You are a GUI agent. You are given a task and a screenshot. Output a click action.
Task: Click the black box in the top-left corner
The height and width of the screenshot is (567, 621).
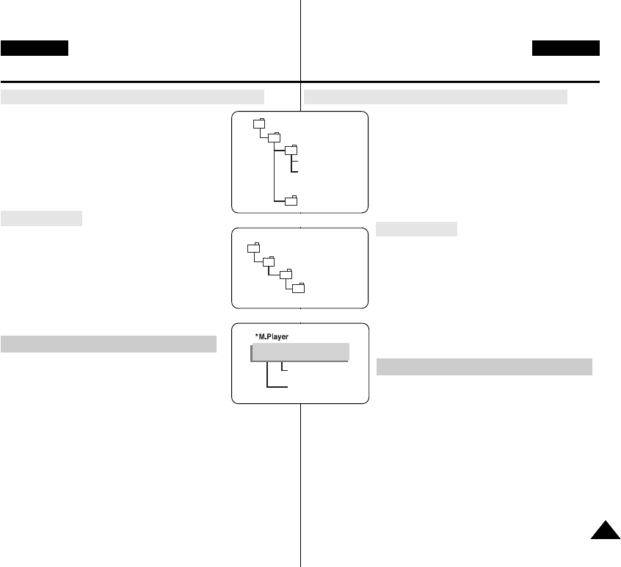tap(34, 48)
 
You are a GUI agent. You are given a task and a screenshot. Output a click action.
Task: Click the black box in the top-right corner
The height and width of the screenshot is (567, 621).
tap(566, 48)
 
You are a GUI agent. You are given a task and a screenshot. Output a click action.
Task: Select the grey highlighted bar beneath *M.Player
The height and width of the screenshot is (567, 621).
tap(299, 352)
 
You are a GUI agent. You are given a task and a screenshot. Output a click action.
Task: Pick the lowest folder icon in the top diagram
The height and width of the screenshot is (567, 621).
tap(291, 200)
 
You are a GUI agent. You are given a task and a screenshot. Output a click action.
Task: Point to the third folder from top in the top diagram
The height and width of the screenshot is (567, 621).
tap(291, 151)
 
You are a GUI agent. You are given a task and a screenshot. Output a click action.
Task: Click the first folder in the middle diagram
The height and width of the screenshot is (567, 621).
tap(253, 247)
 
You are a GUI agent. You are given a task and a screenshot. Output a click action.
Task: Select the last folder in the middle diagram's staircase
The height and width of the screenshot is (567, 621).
tap(299, 287)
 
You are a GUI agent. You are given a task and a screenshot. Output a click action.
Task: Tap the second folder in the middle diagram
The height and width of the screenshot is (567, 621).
tap(269, 261)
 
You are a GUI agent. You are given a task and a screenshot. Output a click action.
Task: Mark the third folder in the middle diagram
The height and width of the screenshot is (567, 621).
tap(286, 274)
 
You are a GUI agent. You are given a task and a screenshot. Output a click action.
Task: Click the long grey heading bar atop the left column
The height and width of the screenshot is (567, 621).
tap(132, 97)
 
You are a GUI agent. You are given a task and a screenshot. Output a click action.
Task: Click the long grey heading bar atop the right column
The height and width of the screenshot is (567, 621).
tap(435, 97)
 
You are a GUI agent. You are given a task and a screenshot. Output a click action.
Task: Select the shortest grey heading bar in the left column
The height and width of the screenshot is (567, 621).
tap(42, 218)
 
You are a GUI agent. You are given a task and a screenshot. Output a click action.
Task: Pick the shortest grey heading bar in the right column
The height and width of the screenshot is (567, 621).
tap(416, 229)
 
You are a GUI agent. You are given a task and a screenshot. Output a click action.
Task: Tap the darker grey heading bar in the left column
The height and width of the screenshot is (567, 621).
tap(109, 344)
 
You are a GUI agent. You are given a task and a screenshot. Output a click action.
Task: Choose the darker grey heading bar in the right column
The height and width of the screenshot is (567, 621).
tap(484, 366)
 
